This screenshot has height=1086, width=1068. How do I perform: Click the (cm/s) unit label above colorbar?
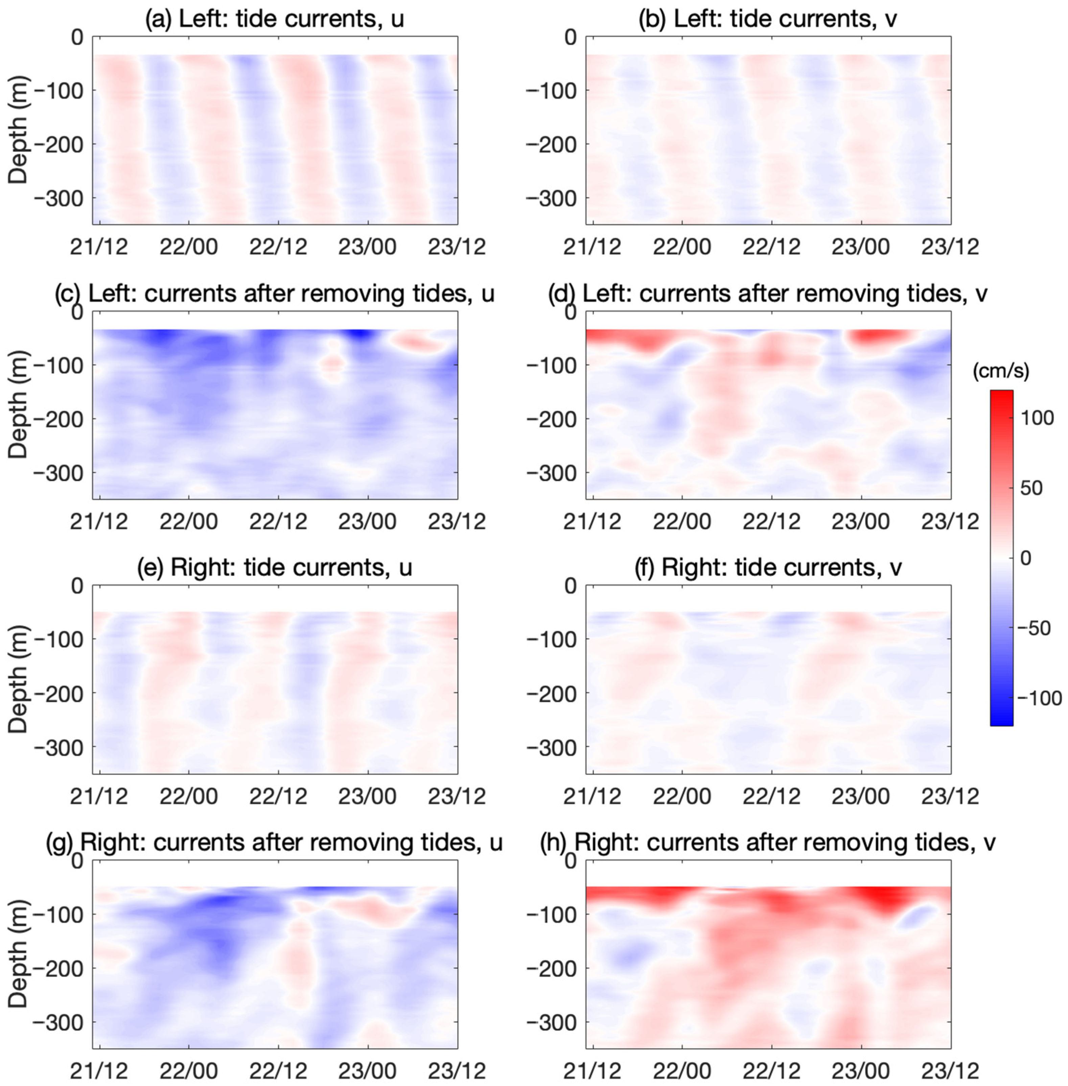coord(1002,371)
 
